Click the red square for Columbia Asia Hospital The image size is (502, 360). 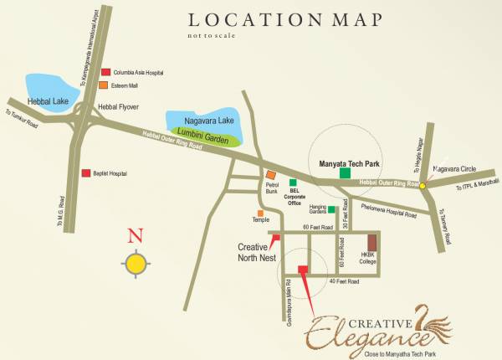pyautogui.click(x=105, y=73)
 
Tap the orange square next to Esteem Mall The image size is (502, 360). pyautogui.click(x=103, y=85)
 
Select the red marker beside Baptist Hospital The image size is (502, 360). pyautogui.click(x=85, y=173)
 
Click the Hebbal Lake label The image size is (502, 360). pyautogui.click(x=48, y=99)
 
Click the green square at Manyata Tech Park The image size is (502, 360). pyautogui.click(x=345, y=173)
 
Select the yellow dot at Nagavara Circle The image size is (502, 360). pyautogui.click(x=423, y=186)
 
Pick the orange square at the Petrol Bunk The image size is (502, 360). pyautogui.click(x=270, y=174)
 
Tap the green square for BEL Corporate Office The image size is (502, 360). pyautogui.click(x=293, y=183)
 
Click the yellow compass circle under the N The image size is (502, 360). pyautogui.click(x=136, y=265)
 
